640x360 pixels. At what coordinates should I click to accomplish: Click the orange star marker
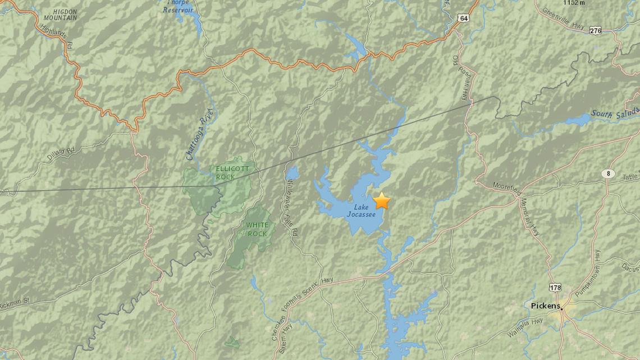[382, 200]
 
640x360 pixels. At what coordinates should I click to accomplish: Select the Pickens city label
[546, 306]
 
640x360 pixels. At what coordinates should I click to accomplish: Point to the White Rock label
[257, 229]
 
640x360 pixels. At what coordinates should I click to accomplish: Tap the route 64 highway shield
[463, 18]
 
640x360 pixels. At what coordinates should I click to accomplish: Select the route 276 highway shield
[595, 30]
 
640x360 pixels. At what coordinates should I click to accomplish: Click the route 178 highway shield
[555, 288]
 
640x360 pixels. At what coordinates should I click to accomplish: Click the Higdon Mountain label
[60, 15]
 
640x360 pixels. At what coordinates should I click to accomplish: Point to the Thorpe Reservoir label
[178, 6]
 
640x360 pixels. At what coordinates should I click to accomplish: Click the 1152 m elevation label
[574, 3]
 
